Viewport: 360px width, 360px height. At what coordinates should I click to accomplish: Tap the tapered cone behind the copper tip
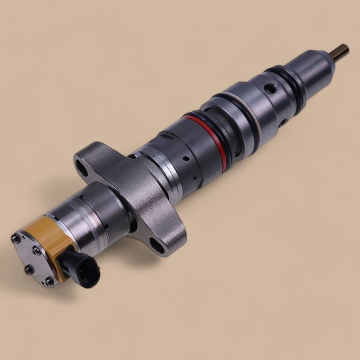(321, 59)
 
